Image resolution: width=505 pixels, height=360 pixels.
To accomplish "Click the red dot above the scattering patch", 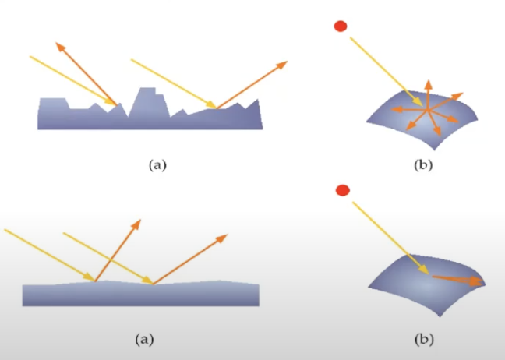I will (x=340, y=26).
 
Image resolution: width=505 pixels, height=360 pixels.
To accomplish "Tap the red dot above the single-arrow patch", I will (x=341, y=190).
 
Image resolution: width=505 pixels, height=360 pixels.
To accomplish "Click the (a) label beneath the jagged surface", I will (x=157, y=164).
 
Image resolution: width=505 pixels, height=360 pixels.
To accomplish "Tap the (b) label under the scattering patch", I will (x=424, y=164).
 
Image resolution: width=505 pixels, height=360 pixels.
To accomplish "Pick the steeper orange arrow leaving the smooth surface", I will (x=118, y=249).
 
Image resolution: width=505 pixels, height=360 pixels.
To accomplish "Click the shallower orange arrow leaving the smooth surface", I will (x=190, y=258).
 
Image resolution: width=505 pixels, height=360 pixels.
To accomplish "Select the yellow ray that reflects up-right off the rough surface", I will (x=173, y=83).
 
